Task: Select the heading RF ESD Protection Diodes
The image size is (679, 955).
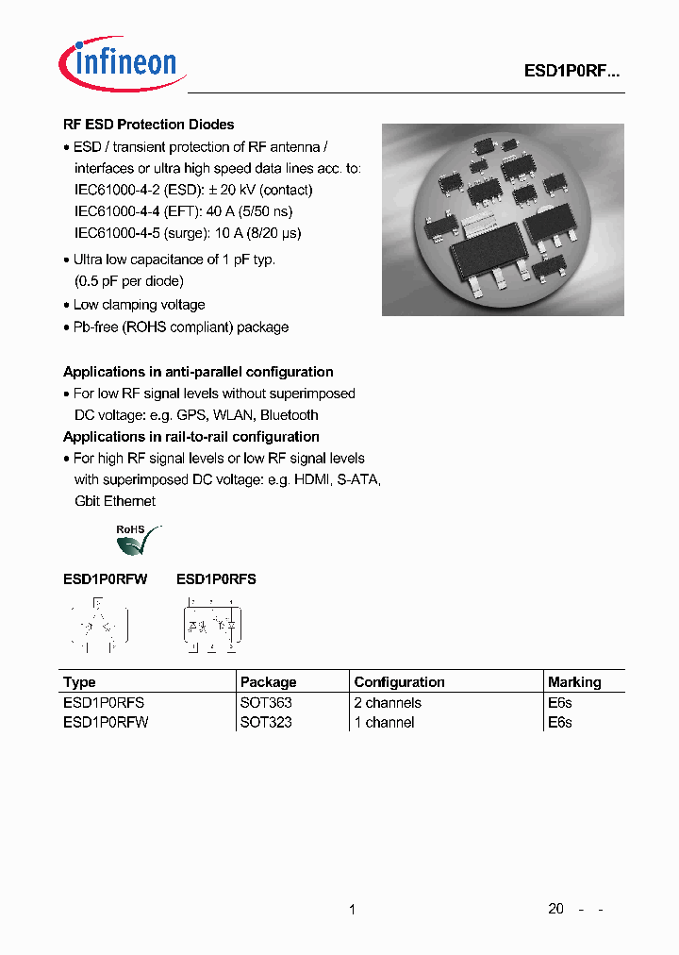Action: (x=148, y=125)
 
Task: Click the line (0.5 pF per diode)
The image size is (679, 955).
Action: (x=129, y=281)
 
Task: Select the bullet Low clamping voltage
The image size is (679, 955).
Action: (x=139, y=305)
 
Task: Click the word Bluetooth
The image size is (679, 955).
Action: (x=290, y=415)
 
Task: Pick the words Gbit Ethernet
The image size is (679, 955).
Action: (x=115, y=501)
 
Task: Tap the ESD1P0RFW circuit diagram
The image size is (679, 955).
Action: (x=99, y=625)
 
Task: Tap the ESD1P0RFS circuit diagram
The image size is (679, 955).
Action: (x=210, y=625)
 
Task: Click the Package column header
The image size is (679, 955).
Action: (x=268, y=682)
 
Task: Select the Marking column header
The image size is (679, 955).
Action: (x=573, y=682)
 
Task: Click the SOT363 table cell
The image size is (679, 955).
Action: (x=266, y=703)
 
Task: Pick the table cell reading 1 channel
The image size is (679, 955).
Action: (x=384, y=723)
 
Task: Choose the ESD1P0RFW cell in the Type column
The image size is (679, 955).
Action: (x=105, y=723)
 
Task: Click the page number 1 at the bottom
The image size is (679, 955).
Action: (x=352, y=910)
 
